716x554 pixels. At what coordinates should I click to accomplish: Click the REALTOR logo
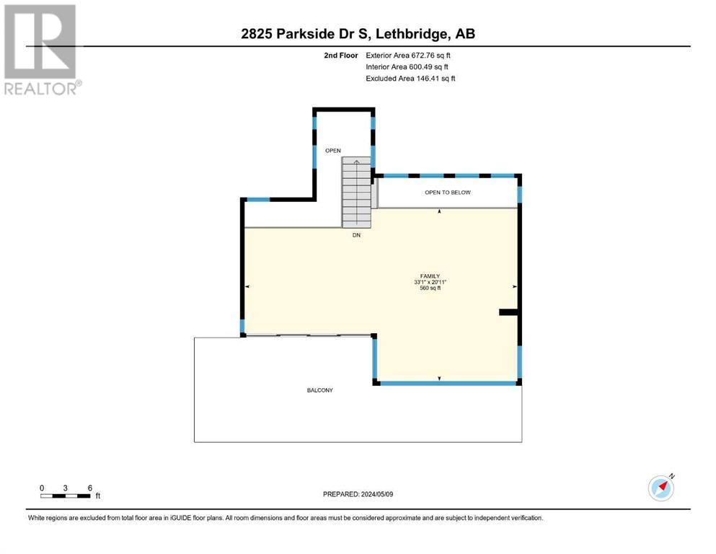coord(42,49)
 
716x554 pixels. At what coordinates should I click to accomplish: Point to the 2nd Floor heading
coord(340,56)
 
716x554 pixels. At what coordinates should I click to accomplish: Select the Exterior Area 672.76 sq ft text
coord(408,56)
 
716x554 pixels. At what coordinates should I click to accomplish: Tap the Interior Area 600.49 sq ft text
coord(407,66)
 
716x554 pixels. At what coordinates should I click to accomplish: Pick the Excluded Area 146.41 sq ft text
coord(410,78)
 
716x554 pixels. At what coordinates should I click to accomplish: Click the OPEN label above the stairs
coord(333,151)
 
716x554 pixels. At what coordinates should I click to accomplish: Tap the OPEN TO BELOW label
coord(448,193)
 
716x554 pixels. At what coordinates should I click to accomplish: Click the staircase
coord(357,193)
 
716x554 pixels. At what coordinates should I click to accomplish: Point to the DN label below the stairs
coord(356,235)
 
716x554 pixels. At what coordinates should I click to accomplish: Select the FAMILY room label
coord(430,276)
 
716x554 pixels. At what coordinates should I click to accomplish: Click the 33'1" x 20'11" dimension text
coord(430,282)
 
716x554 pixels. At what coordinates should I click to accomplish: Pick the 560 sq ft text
coord(430,289)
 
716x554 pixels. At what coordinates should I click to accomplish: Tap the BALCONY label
coord(319,390)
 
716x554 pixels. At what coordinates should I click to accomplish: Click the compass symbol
coord(661,488)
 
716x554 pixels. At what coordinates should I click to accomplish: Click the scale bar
coord(66,496)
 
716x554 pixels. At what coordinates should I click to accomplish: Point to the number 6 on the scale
coord(90,488)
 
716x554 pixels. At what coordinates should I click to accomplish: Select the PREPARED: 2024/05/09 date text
coord(358,494)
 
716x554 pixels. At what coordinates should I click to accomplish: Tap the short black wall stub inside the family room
coord(508,312)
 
